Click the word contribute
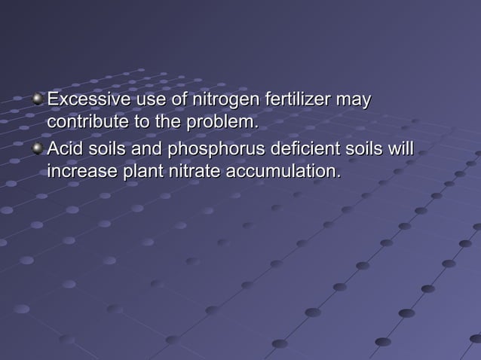84,121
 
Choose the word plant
140,172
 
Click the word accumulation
283,172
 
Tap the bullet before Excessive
38,99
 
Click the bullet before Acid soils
38,148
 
